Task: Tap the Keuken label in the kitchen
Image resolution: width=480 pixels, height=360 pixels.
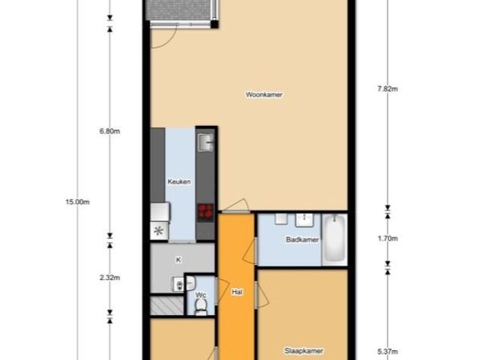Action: pyautogui.click(x=179, y=181)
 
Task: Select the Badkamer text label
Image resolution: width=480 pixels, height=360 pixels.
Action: pyautogui.click(x=302, y=240)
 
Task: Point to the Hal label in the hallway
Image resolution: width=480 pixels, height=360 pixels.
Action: pyautogui.click(x=237, y=292)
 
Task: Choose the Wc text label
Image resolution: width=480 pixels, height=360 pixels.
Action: pyautogui.click(x=200, y=295)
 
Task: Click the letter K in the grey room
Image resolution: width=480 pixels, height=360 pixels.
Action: pyautogui.click(x=178, y=259)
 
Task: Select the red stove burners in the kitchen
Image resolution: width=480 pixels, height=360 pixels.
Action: pyautogui.click(x=205, y=211)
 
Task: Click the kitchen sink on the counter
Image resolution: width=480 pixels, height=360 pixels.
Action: pyautogui.click(x=205, y=140)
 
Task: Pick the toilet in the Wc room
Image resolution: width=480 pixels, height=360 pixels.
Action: pyautogui.click(x=200, y=308)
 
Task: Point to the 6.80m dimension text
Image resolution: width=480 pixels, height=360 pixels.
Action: pyautogui.click(x=110, y=131)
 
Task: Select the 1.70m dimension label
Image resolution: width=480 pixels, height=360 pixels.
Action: pyautogui.click(x=387, y=239)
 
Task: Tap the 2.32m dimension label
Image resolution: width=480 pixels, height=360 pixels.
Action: pyautogui.click(x=110, y=277)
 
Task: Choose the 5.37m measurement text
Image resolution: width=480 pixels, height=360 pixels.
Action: pyautogui.click(x=387, y=350)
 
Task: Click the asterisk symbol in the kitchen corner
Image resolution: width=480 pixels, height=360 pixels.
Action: pyautogui.click(x=158, y=231)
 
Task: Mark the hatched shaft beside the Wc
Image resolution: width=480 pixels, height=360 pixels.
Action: pyautogui.click(x=166, y=306)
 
